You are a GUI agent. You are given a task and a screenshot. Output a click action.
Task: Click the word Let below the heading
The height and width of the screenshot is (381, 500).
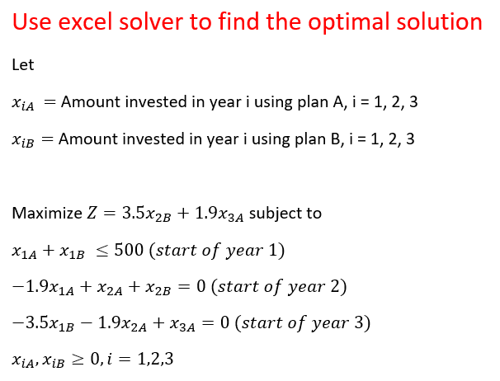(x=22, y=64)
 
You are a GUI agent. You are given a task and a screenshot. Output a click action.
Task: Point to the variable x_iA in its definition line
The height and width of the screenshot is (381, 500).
(x=24, y=104)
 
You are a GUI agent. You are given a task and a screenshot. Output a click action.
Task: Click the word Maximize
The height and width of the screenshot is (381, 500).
(x=48, y=214)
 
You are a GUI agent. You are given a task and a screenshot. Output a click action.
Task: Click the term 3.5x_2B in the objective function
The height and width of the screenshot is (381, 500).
(x=149, y=214)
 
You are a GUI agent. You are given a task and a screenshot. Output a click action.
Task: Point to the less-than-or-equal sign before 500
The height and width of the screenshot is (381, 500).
(x=103, y=251)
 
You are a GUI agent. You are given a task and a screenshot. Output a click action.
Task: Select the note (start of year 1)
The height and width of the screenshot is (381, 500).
(x=219, y=251)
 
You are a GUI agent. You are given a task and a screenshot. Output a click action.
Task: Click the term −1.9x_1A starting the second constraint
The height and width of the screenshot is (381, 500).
(x=39, y=288)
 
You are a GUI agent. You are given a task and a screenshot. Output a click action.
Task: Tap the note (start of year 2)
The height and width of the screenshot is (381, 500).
(x=279, y=287)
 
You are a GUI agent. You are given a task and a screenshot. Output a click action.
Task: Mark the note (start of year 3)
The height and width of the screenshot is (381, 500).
(x=302, y=322)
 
